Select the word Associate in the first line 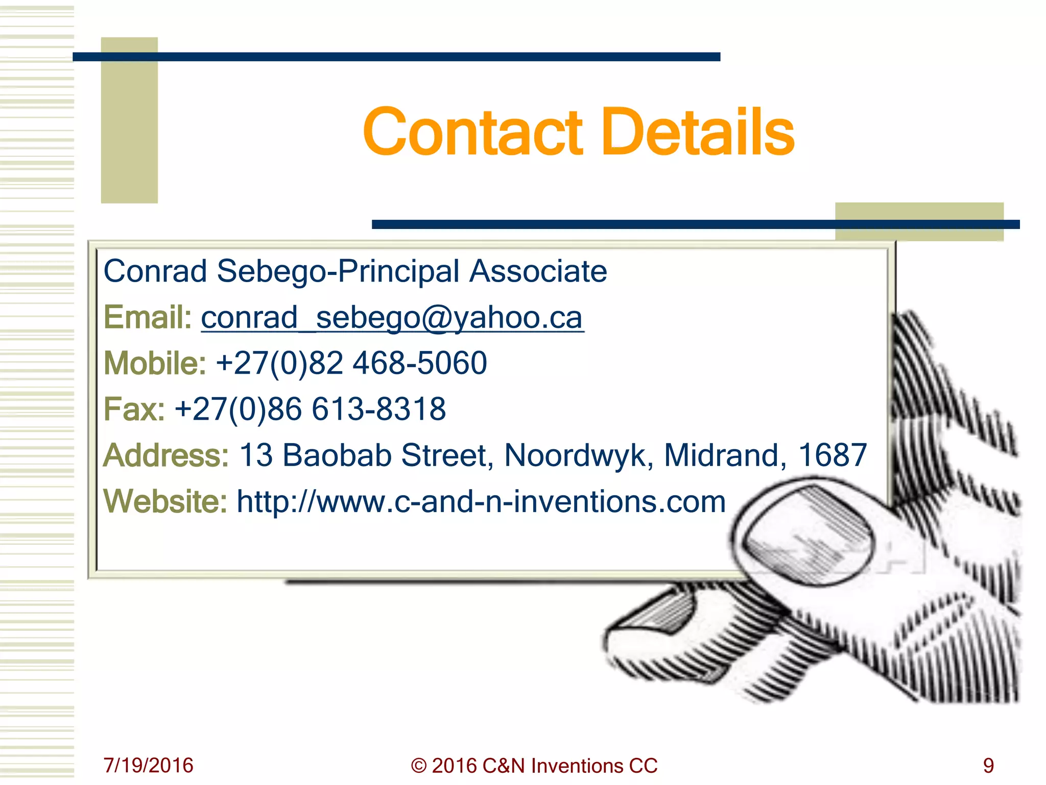[538, 271]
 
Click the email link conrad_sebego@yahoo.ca [392, 318]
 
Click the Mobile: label [155, 363]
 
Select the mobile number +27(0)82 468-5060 [351, 363]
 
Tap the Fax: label [134, 409]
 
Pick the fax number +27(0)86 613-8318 [311, 409]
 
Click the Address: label [166, 455]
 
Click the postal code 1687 [833, 455]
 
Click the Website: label [165, 501]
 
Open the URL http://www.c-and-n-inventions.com [481, 501]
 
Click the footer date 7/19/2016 [148, 765]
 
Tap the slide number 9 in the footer [988, 765]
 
